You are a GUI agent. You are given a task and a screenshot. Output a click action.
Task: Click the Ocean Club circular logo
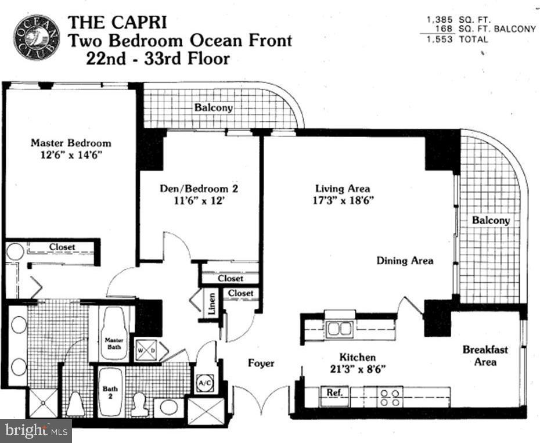click(x=37, y=37)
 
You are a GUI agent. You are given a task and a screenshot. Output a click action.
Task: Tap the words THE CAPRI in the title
click(x=117, y=23)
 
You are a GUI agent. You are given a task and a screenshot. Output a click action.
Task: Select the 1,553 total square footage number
click(x=440, y=39)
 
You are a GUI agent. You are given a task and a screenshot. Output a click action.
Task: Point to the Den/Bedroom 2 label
click(x=199, y=189)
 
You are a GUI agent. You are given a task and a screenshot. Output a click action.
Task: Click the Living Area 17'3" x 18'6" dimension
click(x=343, y=200)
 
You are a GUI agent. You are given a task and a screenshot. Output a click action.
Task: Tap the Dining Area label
click(x=405, y=261)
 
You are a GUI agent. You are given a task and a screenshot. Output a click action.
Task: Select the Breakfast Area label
click(x=485, y=355)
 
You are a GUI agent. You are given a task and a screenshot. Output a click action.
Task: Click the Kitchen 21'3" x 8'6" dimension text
click(x=358, y=369)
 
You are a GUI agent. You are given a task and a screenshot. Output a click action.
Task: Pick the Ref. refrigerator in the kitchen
click(x=334, y=396)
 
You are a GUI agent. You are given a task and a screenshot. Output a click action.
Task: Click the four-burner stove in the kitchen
click(x=391, y=397)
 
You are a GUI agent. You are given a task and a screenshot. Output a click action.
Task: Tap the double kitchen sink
click(x=340, y=329)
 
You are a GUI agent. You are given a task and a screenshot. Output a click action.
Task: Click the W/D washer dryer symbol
click(x=147, y=350)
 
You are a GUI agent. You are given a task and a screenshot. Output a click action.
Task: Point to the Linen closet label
click(x=212, y=304)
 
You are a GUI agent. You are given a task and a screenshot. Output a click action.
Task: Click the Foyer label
click(x=261, y=363)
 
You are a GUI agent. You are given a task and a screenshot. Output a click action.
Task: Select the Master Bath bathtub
click(x=114, y=333)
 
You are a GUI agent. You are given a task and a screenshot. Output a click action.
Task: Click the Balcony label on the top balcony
click(x=214, y=107)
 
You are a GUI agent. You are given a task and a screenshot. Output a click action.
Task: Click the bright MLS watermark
click(x=36, y=431)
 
